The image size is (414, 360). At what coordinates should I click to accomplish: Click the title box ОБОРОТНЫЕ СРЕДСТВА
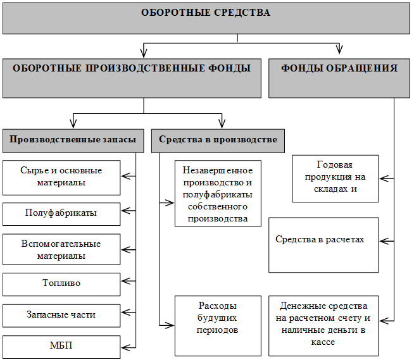coord(206,18)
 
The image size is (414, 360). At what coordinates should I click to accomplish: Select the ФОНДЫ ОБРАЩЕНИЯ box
coord(339,78)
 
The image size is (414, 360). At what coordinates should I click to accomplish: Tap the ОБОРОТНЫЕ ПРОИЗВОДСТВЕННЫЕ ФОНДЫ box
coord(132,78)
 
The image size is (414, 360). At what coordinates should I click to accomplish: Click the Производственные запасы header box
coord(73,141)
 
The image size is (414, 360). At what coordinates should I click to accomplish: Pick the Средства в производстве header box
coord(218,141)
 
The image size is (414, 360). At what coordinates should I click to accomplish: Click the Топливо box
coord(61,284)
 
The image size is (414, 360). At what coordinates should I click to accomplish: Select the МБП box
coord(61,347)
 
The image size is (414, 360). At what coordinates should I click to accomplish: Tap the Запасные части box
coord(61,316)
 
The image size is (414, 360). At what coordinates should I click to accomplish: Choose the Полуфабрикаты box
coord(61,214)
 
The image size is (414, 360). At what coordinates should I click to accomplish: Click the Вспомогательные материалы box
coord(61,249)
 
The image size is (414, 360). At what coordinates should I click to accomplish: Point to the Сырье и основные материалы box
coord(61,178)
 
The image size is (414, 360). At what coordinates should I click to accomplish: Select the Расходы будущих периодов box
coord(218,326)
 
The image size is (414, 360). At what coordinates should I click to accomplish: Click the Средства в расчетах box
coord(323,245)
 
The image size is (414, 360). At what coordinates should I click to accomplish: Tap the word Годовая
coord(334,165)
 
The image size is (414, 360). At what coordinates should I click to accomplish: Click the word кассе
coord(323,342)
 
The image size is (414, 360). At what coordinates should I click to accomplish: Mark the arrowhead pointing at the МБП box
coord(125,347)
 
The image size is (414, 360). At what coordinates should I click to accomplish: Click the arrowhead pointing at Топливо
coord(125,281)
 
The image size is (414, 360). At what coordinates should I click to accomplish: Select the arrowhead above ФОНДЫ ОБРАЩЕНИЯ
coord(339,49)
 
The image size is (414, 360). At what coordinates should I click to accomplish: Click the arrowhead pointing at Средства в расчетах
coord(384,241)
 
